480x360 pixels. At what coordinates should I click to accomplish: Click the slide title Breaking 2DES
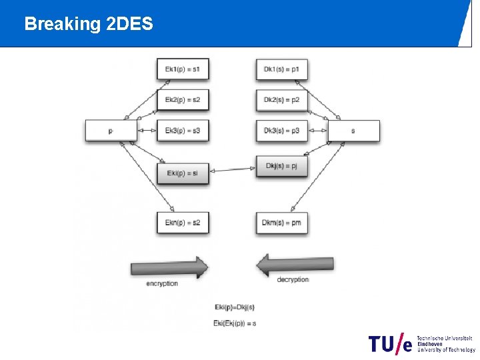(89, 25)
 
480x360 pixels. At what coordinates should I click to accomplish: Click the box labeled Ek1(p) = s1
(183, 69)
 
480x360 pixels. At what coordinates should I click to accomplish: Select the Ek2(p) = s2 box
(183, 100)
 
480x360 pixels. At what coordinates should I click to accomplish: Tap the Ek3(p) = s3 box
(183, 131)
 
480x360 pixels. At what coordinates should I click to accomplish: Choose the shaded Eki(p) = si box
(183, 173)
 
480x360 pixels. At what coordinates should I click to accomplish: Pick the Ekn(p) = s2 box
(183, 223)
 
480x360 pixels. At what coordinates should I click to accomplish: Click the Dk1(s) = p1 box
(281, 69)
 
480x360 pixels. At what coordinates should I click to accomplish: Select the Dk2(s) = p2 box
(281, 100)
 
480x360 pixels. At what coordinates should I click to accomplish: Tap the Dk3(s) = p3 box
(281, 131)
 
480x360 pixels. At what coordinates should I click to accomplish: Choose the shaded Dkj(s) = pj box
(281, 166)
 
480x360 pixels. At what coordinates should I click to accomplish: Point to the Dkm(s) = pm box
(281, 223)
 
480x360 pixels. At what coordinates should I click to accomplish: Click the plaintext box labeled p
(111, 131)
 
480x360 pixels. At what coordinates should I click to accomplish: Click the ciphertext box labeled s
(353, 131)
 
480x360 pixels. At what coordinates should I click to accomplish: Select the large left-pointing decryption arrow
(295, 265)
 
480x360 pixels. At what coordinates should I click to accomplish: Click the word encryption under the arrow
(162, 283)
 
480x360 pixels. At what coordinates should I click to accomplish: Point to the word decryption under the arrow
(293, 279)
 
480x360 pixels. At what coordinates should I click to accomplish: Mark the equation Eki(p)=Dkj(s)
(234, 307)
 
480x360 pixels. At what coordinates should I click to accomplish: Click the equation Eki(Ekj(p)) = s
(235, 323)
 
